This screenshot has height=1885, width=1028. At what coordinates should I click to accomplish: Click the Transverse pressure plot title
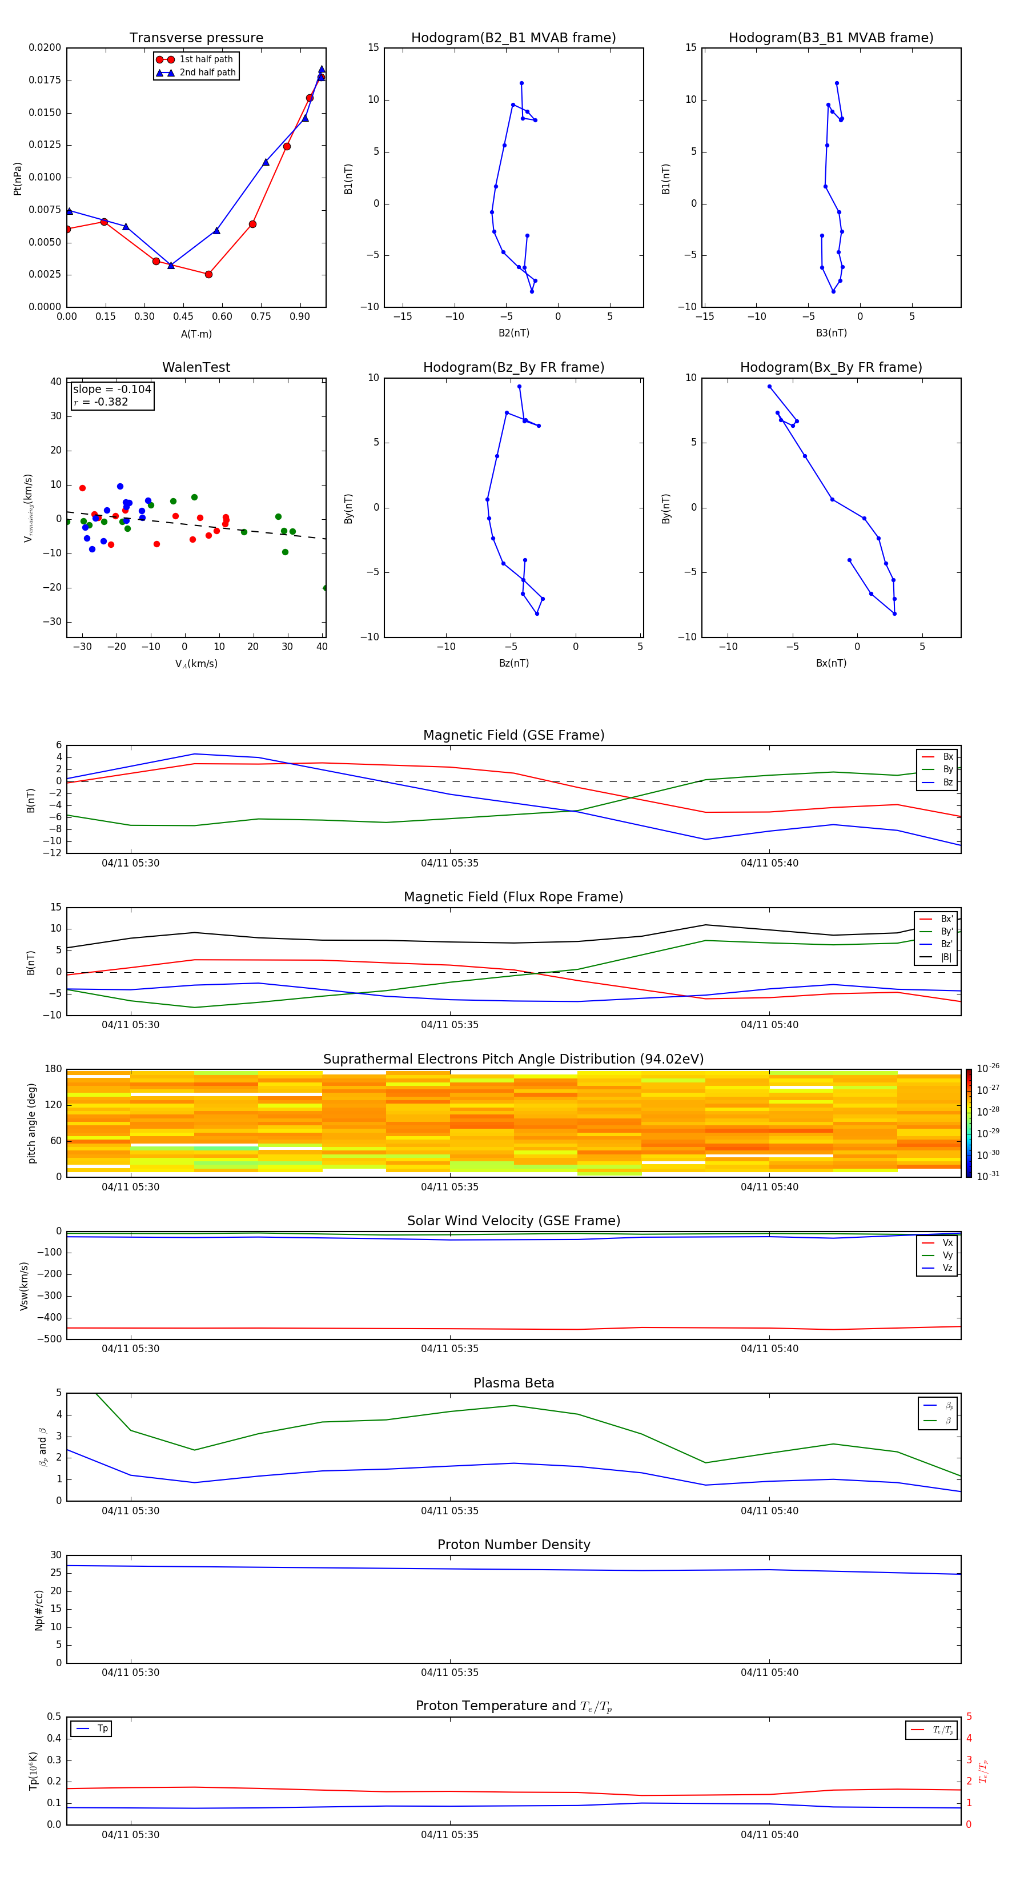point(196,38)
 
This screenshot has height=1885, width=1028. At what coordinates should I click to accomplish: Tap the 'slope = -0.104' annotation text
point(112,390)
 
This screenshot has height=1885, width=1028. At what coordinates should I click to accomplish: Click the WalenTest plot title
point(196,367)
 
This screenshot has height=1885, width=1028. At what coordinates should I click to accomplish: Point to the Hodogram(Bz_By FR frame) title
point(513,367)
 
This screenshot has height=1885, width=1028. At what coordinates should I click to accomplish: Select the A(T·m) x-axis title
point(196,334)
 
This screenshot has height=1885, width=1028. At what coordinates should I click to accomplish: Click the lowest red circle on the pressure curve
point(208,274)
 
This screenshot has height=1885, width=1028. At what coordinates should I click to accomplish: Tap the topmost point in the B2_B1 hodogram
point(521,83)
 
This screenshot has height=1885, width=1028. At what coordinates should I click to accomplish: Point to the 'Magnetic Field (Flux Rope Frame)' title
point(513,897)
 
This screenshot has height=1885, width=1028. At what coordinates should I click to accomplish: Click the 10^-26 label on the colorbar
point(988,1068)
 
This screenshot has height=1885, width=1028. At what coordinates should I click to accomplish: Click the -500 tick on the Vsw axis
point(49,1339)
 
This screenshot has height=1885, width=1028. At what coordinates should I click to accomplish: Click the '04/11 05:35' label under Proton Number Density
point(449,1672)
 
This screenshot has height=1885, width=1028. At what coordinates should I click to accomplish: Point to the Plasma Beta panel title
point(513,1383)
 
